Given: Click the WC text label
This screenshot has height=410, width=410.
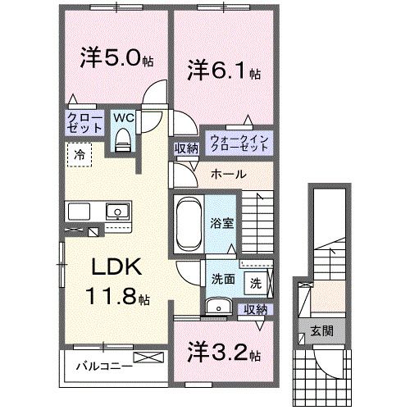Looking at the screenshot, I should [123, 116].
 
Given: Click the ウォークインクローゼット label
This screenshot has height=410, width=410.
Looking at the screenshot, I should [239, 141].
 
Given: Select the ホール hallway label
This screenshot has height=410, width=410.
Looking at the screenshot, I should [228, 175].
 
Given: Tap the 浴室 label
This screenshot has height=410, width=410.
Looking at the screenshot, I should [221, 222].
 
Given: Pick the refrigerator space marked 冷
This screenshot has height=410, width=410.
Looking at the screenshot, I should [80, 153].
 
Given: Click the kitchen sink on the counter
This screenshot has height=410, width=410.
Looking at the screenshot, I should [117, 212].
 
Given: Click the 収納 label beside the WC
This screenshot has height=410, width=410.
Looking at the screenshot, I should [184, 148].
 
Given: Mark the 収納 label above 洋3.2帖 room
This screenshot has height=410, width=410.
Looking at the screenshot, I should [254, 309].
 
